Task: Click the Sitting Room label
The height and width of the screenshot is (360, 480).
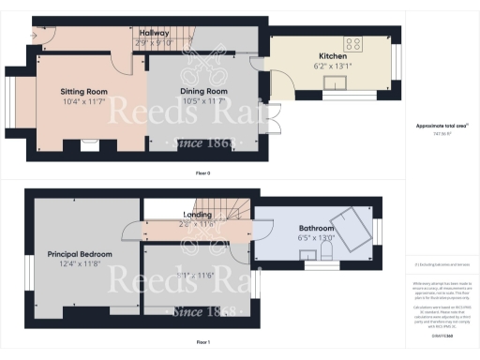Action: [84, 90]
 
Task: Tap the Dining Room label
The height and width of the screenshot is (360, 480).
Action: [203, 90]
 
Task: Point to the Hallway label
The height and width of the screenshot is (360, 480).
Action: [154, 33]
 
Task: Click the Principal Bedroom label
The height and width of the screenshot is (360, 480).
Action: [80, 254]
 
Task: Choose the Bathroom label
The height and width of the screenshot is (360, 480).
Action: [316, 228]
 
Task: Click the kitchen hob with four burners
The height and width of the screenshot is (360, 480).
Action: [355, 43]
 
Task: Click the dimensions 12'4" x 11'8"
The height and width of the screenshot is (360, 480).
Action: [80, 264]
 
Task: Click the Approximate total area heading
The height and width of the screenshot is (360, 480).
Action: [442, 126]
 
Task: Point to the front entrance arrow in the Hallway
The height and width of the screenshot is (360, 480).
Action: [35, 36]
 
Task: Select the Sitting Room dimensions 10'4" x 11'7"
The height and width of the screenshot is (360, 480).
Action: [84, 100]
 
